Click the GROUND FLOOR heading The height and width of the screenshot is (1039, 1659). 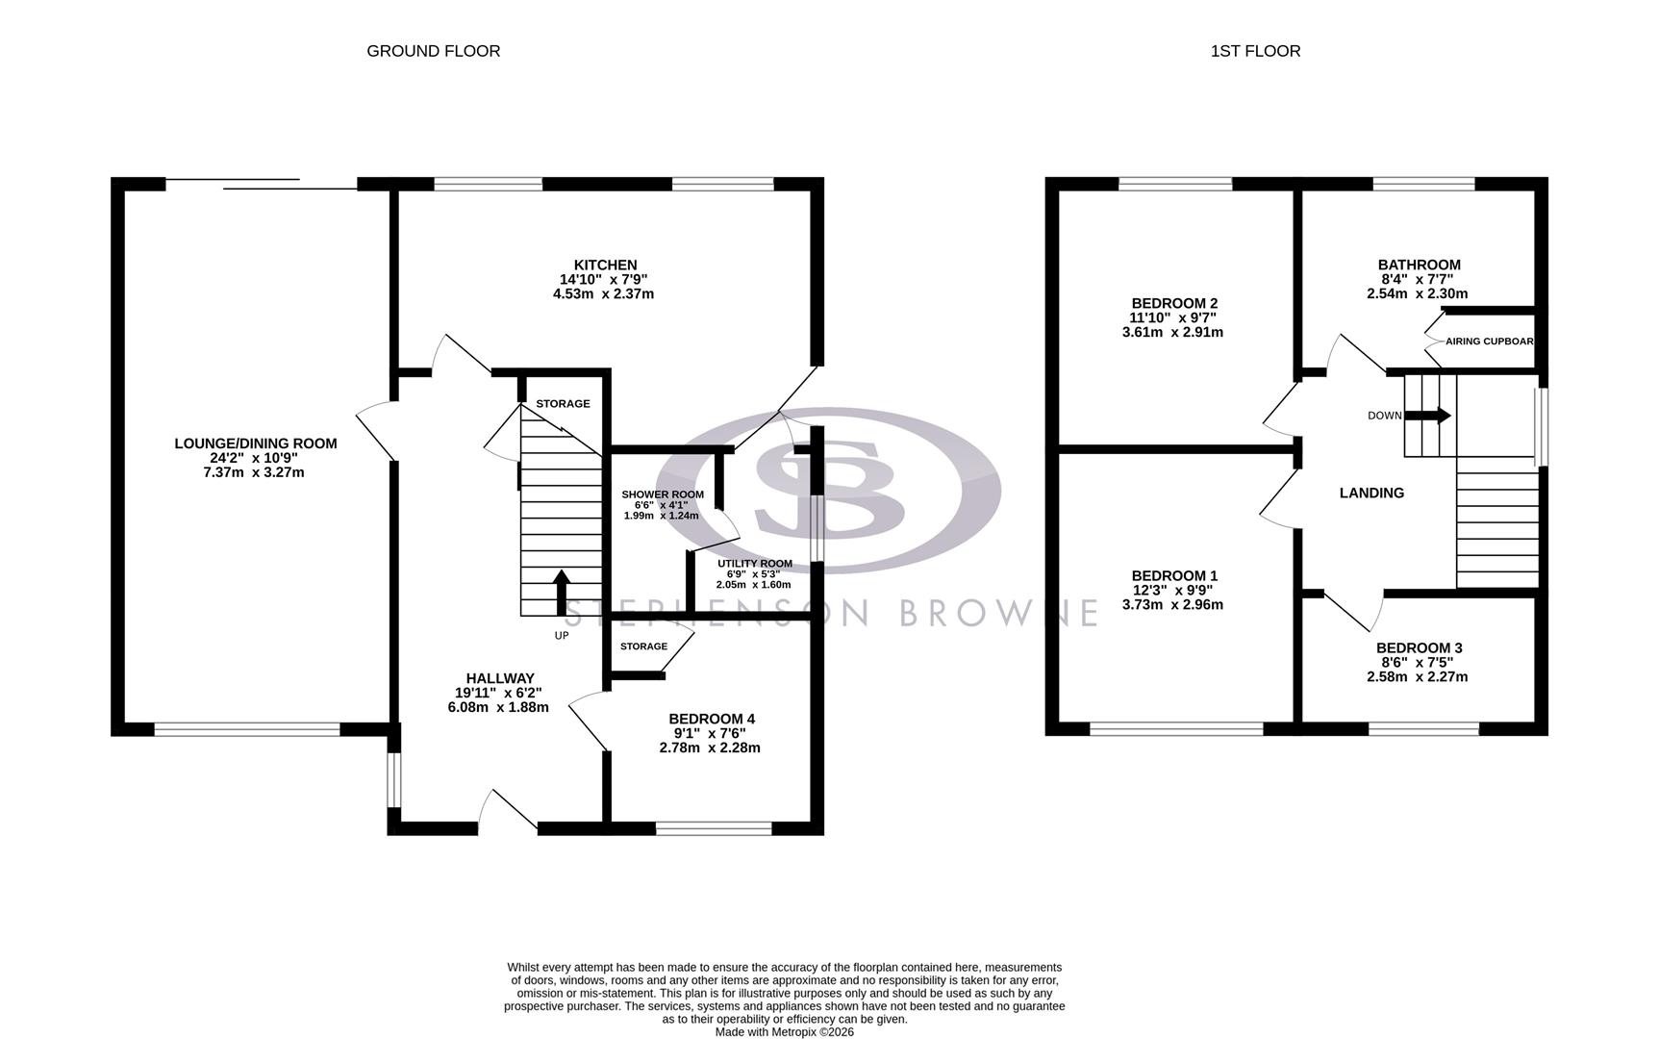[x=433, y=51]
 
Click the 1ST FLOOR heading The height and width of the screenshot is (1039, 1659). [x=1255, y=51]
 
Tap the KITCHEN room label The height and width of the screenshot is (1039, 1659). [x=605, y=266]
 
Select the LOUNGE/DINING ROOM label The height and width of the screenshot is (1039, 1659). [x=255, y=443]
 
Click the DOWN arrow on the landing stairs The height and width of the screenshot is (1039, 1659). [x=1429, y=416]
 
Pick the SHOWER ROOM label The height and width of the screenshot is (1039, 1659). [x=663, y=494]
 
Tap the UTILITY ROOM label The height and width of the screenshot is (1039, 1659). [x=755, y=564]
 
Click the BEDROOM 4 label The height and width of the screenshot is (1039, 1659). [x=712, y=719]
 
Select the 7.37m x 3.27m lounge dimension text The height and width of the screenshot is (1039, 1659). [x=255, y=472]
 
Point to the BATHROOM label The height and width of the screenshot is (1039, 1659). [x=1419, y=266]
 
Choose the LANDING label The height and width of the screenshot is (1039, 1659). [x=1371, y=493]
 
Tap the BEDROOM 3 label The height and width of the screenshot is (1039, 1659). [x=1419, y=648]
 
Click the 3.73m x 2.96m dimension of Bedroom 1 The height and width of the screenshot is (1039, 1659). [x=1172, y=605]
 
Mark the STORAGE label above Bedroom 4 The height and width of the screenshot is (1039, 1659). [x=643, y=646]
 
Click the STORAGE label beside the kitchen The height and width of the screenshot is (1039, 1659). [x=563, y=404]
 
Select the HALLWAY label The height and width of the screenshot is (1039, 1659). [x=500, y=678]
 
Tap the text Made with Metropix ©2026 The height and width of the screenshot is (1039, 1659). [x=784, y=1032]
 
